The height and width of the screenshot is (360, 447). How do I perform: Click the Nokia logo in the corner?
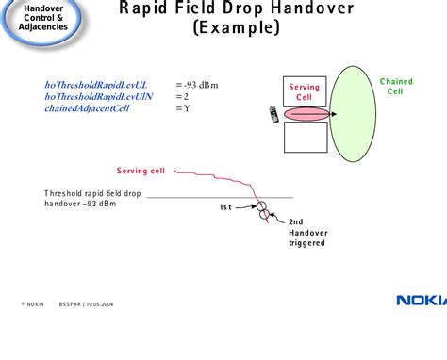(x=420, y=300)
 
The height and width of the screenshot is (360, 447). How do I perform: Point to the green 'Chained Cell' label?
(x=396, y=86)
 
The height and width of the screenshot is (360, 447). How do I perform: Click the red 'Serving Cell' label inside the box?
(x=304, y=91)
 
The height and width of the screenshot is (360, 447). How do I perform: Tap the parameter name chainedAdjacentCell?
(x=87, y=107)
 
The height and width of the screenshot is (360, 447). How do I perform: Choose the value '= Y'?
(x=183, y=107)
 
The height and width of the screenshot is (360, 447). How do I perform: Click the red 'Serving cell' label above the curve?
(x=140, y=171)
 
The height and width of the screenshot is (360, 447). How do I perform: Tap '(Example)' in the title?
(x=236, y=28)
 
